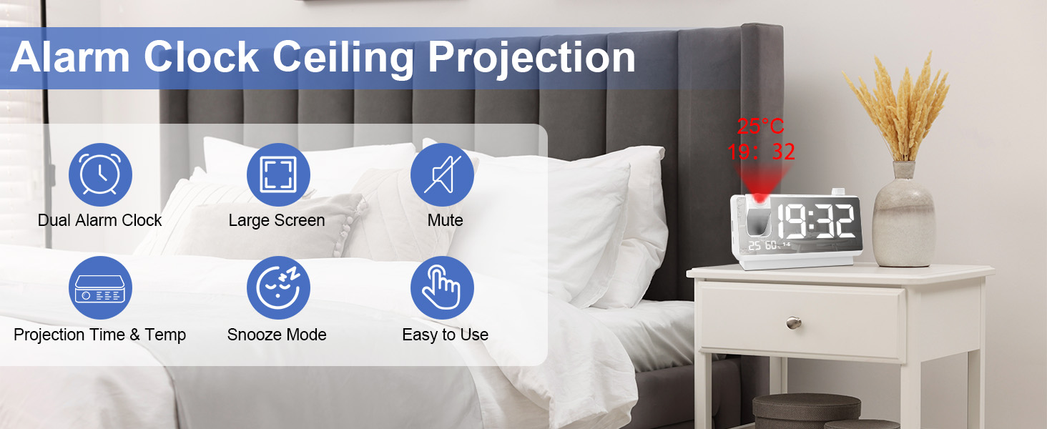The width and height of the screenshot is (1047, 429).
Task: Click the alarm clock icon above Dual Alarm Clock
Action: pos(100,175)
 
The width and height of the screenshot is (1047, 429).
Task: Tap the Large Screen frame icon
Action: pos(278,175)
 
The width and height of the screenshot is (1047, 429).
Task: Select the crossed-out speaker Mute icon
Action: pos(442,175)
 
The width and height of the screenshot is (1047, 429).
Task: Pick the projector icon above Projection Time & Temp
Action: pos(100,288)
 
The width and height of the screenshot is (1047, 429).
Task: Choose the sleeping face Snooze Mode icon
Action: pos(278,288)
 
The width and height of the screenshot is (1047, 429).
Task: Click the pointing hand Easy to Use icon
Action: pos(442,288)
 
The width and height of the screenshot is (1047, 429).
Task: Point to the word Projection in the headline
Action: pos(531,59)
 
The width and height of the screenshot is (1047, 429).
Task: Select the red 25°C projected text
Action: pos(760,127)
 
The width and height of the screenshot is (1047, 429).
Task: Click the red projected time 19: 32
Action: pos(761,152)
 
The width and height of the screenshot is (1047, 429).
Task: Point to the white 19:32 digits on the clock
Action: pos(815,222)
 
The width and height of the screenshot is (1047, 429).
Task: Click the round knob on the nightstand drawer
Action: pos(792,323)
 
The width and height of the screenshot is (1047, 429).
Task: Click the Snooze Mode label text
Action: pos(277,335)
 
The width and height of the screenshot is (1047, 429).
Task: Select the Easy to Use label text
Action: pos(445,335)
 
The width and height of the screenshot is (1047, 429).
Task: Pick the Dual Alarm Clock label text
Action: pos(100,220)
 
